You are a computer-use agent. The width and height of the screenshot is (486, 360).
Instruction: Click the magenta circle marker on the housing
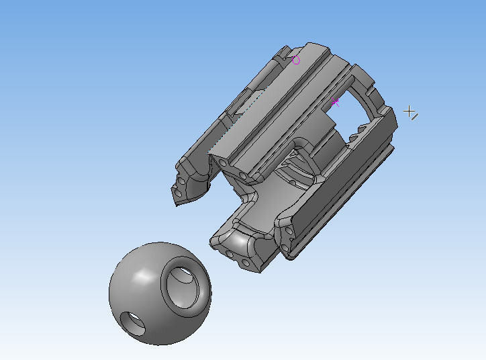click(296, 61)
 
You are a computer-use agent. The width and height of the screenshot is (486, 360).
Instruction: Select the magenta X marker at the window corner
click(336, 102)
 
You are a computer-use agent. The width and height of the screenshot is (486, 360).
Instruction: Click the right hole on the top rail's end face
click(242, 175)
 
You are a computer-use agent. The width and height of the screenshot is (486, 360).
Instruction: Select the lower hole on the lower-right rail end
click(285, 249)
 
